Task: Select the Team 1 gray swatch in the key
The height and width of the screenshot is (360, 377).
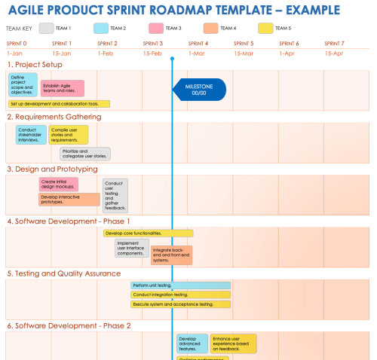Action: click(x=46, y=29)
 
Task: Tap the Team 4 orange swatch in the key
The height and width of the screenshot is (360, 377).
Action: click(x=210, y=29)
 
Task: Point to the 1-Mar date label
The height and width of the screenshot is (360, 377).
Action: click(x=195, y=53)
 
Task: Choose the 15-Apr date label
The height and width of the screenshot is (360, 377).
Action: click(x=333, y=53)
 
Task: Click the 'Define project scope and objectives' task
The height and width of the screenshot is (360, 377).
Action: click(x=23, y=84)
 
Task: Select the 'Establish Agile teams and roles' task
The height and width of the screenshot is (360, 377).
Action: click(x=62, y=89)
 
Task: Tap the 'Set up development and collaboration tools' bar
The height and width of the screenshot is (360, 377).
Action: click(x=60, y=104)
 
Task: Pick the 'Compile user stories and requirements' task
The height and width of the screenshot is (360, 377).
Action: click(x=69, y=135)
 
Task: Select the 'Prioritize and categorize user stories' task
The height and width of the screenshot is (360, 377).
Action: click(x=85, y=154)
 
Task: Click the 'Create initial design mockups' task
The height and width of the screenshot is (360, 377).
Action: click(x=58, y=184)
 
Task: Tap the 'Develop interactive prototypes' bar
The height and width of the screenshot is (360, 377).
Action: click(x=69, y=200)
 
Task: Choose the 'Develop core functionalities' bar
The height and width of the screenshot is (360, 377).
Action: click(x=148, y=233)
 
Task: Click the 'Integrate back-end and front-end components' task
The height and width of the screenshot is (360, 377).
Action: click(x=171, y=255)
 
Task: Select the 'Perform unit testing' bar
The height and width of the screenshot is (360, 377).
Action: click(x=180, y=285)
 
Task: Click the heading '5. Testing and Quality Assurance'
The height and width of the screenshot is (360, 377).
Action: click(x=64, y=273)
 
